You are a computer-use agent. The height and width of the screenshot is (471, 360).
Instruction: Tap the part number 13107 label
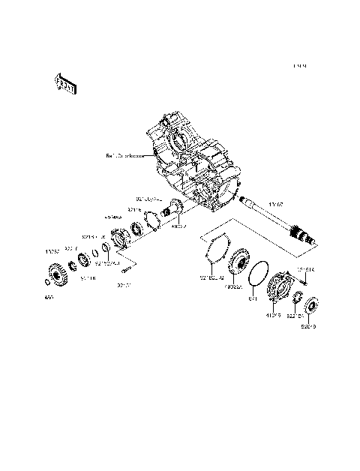(276, 202)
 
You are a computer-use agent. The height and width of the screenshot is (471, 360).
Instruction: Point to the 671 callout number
(253, 299)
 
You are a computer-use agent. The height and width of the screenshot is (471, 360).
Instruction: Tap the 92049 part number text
(308, 327)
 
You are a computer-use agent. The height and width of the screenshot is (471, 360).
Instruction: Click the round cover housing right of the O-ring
(280, 289)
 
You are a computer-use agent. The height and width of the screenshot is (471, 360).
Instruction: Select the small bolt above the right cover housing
(306, 281)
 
